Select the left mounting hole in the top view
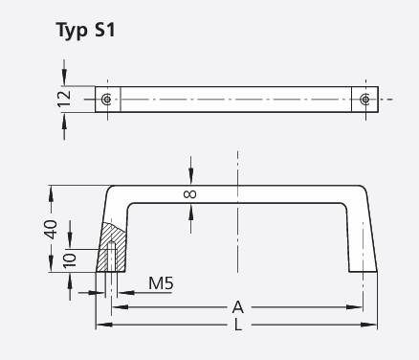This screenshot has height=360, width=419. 107,100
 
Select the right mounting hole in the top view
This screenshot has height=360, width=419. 364,100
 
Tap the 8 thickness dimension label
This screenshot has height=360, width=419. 188,194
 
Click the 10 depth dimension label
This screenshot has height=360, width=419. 67,260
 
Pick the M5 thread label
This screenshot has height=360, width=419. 161,283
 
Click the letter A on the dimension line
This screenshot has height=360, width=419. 237,307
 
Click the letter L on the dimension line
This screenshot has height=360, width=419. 237,326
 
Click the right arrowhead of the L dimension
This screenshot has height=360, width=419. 374,326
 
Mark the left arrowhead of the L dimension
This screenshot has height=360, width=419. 100,326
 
